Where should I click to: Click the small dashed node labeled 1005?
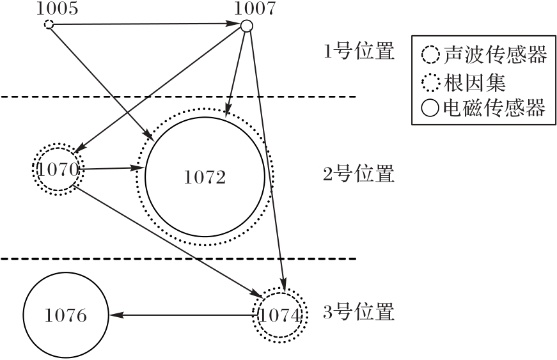coord(49,24)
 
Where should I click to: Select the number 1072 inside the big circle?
coord(205,178)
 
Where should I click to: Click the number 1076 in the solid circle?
coord(66,315)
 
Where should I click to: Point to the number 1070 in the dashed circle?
coord(58,169)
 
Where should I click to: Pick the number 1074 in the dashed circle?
coord(280,315)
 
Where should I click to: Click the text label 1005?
coord(57,8)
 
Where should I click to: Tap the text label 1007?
coord(255,8)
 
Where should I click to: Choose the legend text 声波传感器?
coord(495,55)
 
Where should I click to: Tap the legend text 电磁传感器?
coord(494,108)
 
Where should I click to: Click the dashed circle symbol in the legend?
coord(430,56)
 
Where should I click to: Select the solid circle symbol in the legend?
coord(430,108)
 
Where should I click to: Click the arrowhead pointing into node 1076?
coord(116,315)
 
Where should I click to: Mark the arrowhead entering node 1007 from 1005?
coord(234,24)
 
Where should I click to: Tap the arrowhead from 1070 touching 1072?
coord(138,168)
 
